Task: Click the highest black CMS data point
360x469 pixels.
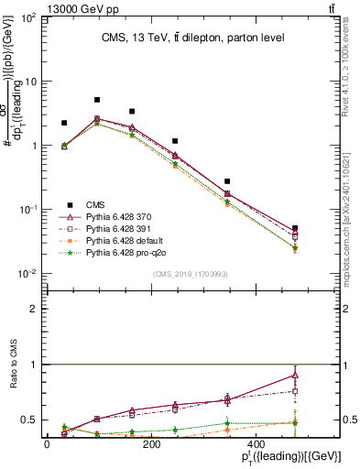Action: (x=97, y=100)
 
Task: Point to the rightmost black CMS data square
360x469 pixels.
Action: (x=295, y=228)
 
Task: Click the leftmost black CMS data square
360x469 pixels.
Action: (x=64, y=123)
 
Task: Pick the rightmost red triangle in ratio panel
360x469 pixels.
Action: (x=295, y=375)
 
